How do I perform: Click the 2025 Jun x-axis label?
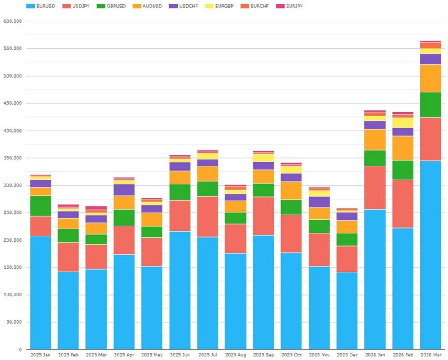(x=180, y=354)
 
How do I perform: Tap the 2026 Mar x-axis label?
(x=430, y=354)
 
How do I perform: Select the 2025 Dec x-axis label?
(x=347, y=354)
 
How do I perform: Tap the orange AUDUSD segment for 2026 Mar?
(x=430, y=78)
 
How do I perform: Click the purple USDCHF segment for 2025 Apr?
(x=124, y=190)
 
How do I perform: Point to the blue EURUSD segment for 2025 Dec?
(x=347, y=311)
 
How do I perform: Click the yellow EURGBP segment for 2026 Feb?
(x=403, y=123)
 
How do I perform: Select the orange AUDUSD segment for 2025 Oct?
(x=291, y=191)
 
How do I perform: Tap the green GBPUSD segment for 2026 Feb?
(x=403, y=170)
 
